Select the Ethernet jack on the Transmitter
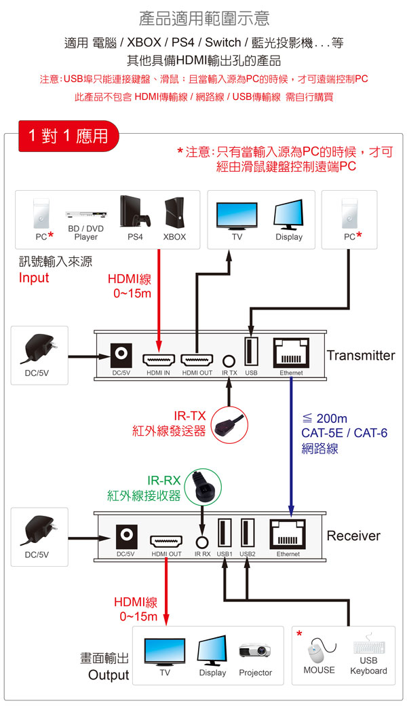pyautogui.click(x=291, y=354)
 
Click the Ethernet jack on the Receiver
pyautogui.click(x=288, y=535)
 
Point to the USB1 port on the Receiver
pyautogui.click(x=225, y=533)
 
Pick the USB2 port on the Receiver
pyautogui.click(x=247, y=533)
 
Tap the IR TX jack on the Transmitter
pyautogui.click(x=229, y=362)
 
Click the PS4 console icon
pyautogui.click(x=135, y=212)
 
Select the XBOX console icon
pyautogui.click(x=174, y=213)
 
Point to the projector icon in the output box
pyautogui.click(x=255, y=650)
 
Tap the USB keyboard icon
pyautogui.click(x=368, y=648)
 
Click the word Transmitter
pyautogui.click(x=360, y=356)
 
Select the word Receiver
pyautogui.click(x=353, y=536)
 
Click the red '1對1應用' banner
pyautogui.click(x=68, y=136)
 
